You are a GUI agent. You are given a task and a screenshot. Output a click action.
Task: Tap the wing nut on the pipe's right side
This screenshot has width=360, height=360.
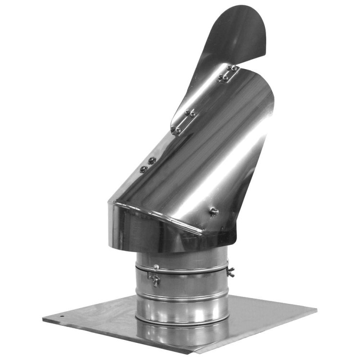231,272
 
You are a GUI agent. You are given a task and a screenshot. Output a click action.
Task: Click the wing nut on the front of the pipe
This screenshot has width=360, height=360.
155,278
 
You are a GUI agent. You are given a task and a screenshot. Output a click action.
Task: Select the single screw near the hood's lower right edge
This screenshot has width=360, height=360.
214,211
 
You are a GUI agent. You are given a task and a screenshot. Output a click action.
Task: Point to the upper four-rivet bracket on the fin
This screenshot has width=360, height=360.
229,73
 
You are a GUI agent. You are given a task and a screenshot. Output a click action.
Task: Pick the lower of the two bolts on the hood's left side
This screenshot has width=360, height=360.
143,169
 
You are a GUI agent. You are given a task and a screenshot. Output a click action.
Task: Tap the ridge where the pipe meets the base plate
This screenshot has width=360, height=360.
182,320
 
